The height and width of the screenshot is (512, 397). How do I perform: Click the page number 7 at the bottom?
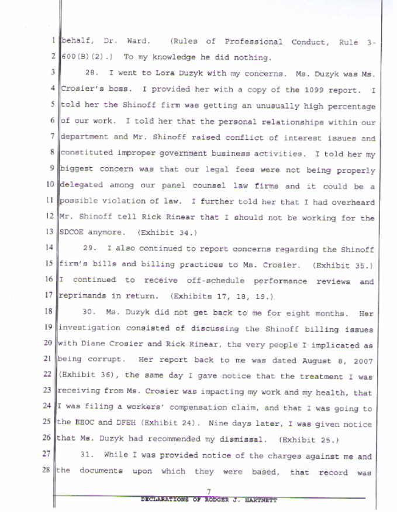(x=208, y=492)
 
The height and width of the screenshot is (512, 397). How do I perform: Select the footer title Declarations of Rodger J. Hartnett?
(x=208, y=500)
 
